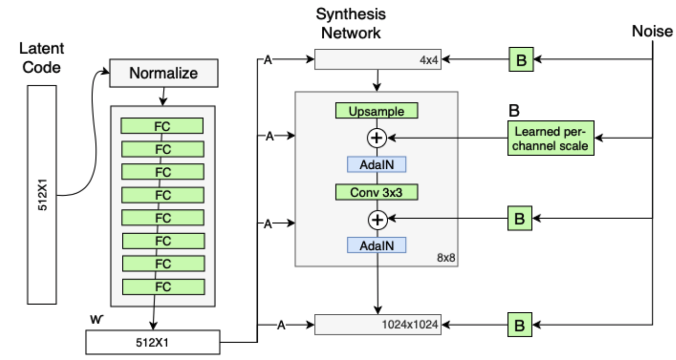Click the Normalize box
point(163,73)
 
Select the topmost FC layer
point(162,126)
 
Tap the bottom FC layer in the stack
point(163,287)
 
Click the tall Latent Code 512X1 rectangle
point(42,195)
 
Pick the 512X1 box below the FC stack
point(153,342)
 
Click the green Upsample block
point(376,111)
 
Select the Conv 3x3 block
point(376,192)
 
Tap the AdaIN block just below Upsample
point(376,164)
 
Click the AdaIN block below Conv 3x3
point(376,245)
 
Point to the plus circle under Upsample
point(377,137)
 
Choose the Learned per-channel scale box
point(551,138)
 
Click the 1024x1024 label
point(410,325)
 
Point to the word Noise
point(652,31)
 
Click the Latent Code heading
point(42,57)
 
